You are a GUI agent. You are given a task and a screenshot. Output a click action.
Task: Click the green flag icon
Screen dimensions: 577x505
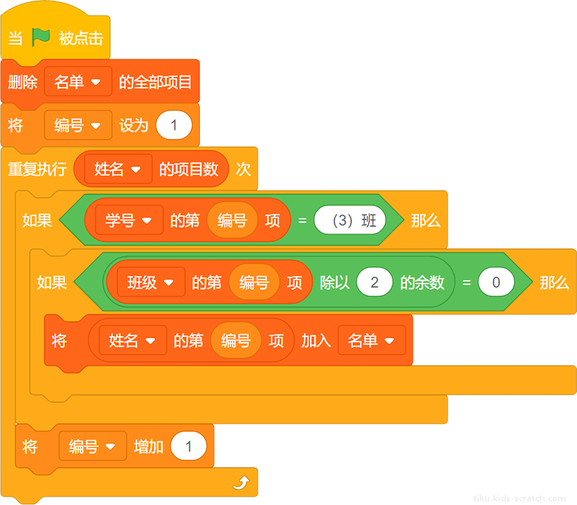click(x=41, y=37)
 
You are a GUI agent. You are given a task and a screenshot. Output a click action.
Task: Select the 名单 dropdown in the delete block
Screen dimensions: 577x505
click(x=78, y=82)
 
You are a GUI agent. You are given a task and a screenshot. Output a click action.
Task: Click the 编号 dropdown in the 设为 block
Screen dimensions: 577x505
click(x=78, y=125)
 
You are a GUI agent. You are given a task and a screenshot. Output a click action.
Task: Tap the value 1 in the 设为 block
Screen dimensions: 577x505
click(x=174, y=125)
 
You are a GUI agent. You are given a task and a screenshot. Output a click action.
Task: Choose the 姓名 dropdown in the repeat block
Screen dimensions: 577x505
click(x=118, y=169)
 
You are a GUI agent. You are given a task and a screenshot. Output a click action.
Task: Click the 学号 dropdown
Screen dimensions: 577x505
click(x=129, y=220)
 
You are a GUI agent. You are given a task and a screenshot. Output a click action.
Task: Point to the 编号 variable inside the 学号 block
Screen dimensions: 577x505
click(x=232, y=220)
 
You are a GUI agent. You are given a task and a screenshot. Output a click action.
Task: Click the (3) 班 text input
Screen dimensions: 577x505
click(x=350, y=220)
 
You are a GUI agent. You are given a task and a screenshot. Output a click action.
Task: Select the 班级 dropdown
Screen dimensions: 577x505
click(x=151, y=282)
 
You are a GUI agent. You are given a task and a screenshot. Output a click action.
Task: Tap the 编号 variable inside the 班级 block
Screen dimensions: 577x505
click(x=254, y=282)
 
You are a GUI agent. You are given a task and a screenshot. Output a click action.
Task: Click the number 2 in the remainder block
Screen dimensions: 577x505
click(x=374, y=282)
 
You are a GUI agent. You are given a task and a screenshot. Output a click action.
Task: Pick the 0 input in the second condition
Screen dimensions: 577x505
click(x=496, y=282)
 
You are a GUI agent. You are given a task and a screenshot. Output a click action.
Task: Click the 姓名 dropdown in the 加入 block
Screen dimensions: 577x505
click(x=133, y=340)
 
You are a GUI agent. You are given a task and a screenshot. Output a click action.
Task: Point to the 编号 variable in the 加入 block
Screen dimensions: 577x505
click(x=236, y=340)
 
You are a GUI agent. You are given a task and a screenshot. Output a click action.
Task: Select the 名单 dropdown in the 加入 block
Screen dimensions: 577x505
click(x=372, y=340)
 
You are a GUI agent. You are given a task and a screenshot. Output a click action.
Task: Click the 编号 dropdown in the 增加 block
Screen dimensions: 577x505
click(x=93, y=446)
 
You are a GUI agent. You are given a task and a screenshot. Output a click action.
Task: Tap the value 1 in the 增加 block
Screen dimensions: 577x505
click(x=189, y=446)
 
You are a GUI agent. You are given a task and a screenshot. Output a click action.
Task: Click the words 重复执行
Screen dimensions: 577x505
click(x=37, y=169)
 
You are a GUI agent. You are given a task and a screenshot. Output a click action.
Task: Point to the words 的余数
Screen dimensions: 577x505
click(x=422, y=282)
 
